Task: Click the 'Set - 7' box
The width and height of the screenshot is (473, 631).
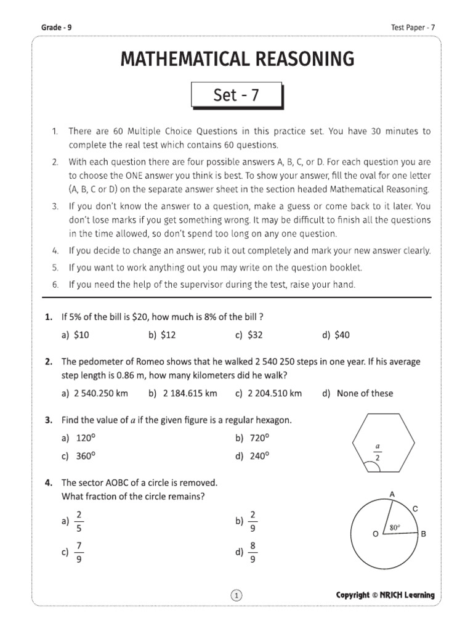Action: pyautogui.click(x=236, y=96)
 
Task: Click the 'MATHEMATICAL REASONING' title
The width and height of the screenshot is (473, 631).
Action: pyautogui.click(x=236, y=59)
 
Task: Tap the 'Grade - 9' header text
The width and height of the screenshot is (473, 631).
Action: pyautogui.click(x=56, y=27)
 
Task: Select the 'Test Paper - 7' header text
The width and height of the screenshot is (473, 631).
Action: pyautogui.click(x=413, y=27)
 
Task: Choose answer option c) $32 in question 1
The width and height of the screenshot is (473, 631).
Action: pyautogui.click(x=249, y=335)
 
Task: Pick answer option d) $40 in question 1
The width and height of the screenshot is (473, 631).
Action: pyautogui.click(x=336, y=335)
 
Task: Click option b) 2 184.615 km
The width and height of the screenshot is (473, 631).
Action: pyautogui.click(x=183, y=393)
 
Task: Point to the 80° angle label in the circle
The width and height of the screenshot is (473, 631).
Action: pyautogui.click(x=394, y=527)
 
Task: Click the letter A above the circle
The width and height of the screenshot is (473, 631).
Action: pyautogui.click(x=391, y=494)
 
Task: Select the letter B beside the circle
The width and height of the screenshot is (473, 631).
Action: pyautogui.click(x=423, y=534)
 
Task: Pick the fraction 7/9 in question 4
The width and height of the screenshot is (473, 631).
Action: pyautogui.click(x=75, y=553)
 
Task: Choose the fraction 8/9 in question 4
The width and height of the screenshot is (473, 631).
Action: pyautogui.click(x=248, y=553)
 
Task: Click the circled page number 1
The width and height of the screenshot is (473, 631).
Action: pyautogui.click(x=237, y=595)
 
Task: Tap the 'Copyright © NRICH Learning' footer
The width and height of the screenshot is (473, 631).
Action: pyautogui.click(x=385, y=595)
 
